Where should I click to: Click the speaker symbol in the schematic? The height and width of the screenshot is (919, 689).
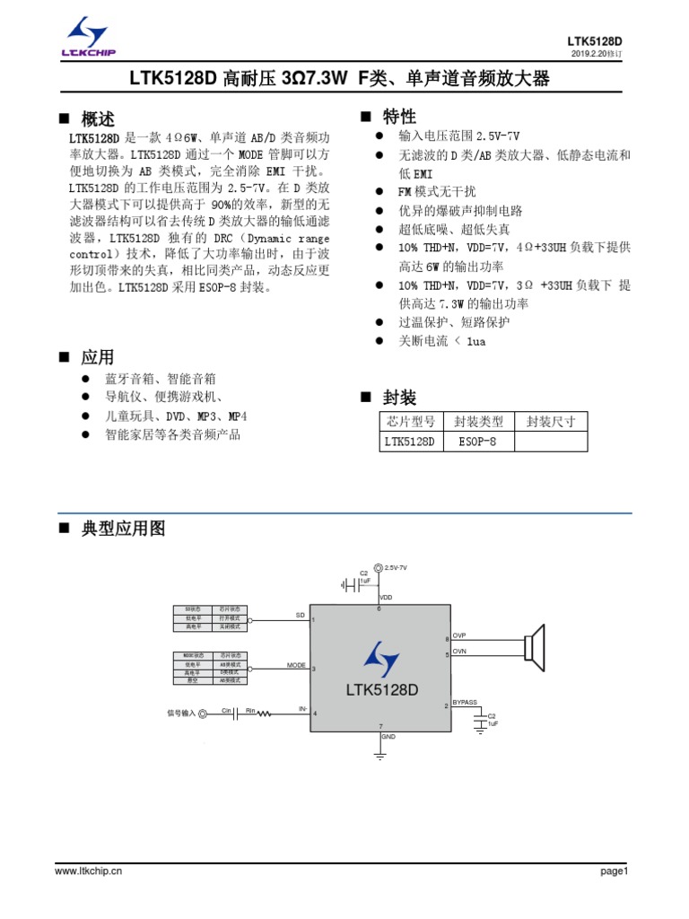(x=536, y=647)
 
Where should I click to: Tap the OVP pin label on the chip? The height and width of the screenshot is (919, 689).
(x=460, y=636)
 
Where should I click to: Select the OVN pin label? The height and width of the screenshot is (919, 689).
(x=460, y=651)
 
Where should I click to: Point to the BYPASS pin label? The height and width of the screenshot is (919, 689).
(x=465, y=702)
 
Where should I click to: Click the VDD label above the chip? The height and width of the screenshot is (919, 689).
(x=386, y=597)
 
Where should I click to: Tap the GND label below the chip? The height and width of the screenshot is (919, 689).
(x=388, y=737)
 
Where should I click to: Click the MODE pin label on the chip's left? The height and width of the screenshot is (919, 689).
(x=296, y=665)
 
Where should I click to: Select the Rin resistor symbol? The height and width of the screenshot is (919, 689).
(x=252, y=714)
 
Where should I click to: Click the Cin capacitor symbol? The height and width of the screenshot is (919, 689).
(x=226, y=714)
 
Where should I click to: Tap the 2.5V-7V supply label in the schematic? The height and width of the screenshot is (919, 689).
(x=396, y=568)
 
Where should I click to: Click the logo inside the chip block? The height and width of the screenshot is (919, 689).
(x=382, y=660)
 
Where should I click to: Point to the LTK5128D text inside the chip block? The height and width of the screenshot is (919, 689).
(x=382, y=690)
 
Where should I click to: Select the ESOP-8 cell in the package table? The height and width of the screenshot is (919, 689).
(x=477, y=441)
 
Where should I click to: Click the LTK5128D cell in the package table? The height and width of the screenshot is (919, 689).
(x=409, y=441)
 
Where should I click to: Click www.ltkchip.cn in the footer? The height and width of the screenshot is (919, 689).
(x=89, y=871)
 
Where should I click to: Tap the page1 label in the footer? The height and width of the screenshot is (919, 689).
(x=616, y=871)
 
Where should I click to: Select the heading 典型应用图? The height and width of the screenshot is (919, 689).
(x=123, y=529)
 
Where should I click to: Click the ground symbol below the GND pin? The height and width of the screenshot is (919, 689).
(x=379, y=756)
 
